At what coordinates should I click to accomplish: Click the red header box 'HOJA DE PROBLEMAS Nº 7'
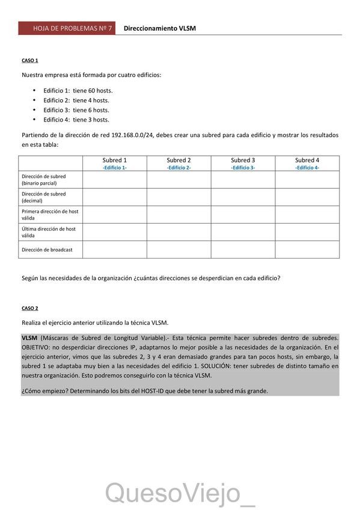pyautogui.click(x=66, y=28)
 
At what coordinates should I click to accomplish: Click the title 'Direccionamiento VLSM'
pyautogui.click(x=159, y=28)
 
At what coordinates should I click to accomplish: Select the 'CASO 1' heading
pyautogui.click(x=30, y=61)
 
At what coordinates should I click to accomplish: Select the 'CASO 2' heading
pyautogui.click(x=30, y=308)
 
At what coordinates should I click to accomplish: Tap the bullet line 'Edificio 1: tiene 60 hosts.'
pyautogui.click(x=78, y=90)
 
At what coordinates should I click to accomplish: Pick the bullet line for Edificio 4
pyautogui.click(x=76, y=120)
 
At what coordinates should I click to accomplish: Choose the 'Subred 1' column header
pyautogui.click(x=115, y=160)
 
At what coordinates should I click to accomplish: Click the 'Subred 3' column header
pyautogui.click(x=243, y=160)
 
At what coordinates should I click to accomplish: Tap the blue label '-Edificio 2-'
pyautogui.click(x=178, y=168)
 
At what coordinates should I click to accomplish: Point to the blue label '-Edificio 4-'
pyautogui.click(x=307, y=168)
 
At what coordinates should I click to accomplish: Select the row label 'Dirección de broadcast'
pyautogui.click(x=47, y=250)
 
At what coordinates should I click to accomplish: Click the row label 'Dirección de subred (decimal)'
pyautogui.click(x=44, y=197)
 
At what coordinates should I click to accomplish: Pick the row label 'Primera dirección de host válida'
pyautogui.click(x=50, y=215)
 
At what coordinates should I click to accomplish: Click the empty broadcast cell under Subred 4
pyautogui.click(x=307, y=250)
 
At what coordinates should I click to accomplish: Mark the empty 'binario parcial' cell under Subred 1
pyautogui.click(x=115, y=180)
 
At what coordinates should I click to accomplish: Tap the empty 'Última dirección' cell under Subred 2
pyautogui.click(x=178, y=232)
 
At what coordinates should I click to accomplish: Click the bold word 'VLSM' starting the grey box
pyautogui.click(x=29, y=339)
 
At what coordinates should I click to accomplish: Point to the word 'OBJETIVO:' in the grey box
pyautogui.click(x=37, y=348)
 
